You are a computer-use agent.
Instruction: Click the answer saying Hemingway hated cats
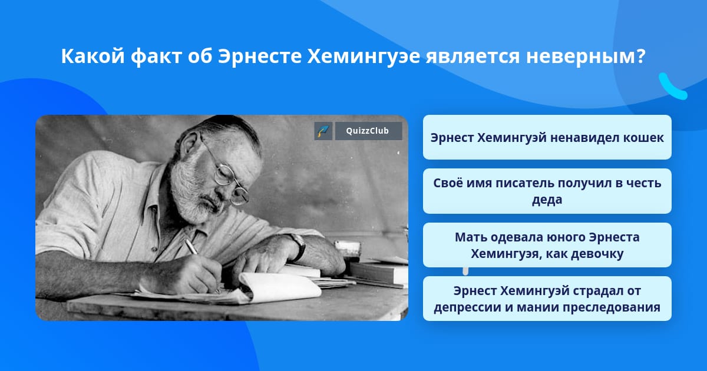click(x=547, y=137)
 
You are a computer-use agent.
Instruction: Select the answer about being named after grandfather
click(x=547, y=191)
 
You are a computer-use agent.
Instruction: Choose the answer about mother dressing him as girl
click(x=547, y=245)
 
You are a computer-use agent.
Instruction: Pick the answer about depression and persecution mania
click(x=547, y=299)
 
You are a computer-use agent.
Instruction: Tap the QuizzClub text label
click(x=368, y=131)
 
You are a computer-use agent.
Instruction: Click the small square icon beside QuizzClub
click(x=323, y=131)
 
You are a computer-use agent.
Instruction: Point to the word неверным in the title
click(x=586, y=57)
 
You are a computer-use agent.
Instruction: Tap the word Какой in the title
click(x=93, y=57)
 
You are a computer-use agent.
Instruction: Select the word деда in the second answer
click(x=547, y=200)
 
